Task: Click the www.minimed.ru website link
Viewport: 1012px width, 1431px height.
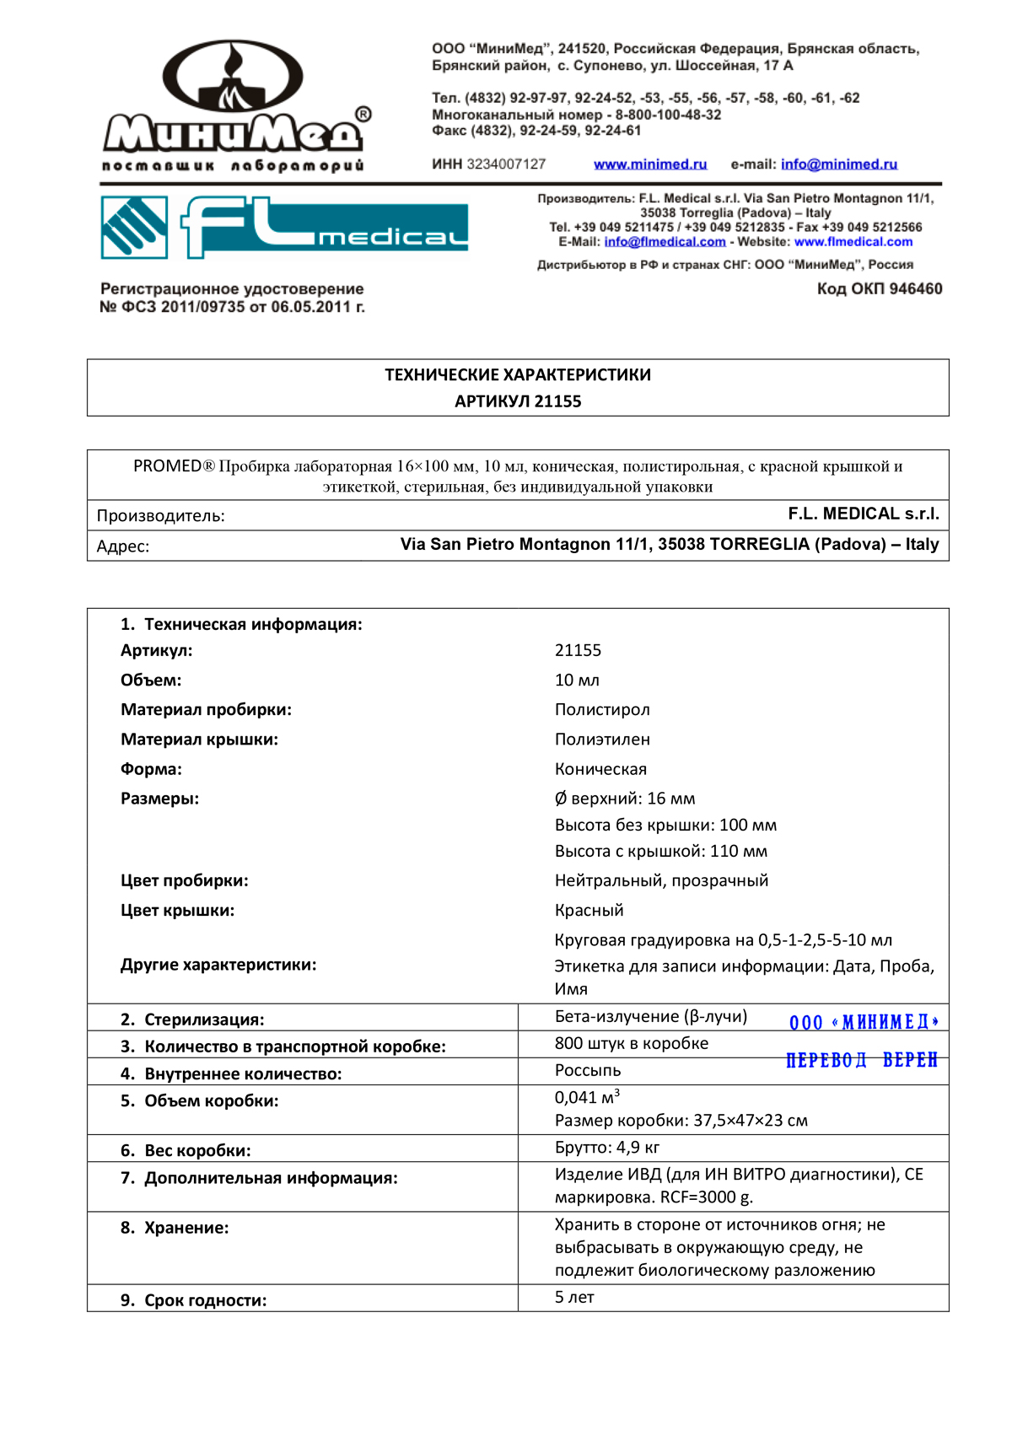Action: (649, 164)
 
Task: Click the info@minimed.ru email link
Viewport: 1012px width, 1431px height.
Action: (838, 164)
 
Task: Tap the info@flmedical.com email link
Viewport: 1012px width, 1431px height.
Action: (665, 242)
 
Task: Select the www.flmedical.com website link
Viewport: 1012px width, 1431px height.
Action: (853, 242)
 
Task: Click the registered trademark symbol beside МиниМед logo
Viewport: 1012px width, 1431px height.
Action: (363, 115)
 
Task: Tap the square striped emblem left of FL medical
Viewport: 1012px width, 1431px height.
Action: (134, 227)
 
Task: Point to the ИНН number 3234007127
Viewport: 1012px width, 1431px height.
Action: (506, 164)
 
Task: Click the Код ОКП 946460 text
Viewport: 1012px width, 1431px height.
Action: (879, 289)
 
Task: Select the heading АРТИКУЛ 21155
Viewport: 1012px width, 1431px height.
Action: (518, 401)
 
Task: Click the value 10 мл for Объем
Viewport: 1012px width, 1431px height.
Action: (577, 681)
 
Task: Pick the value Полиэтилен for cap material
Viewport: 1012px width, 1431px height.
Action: (602, 740)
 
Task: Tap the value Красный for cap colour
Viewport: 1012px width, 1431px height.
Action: (589, 911)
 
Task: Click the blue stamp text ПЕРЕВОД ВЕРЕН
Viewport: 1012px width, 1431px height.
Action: (861, 1061)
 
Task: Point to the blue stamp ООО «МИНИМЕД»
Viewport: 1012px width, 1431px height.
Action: (864, 1023)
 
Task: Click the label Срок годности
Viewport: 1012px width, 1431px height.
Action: (204, 1300)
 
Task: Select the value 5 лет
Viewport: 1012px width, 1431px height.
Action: (574, 1298)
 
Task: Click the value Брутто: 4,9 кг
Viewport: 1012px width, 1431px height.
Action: (607, 1148)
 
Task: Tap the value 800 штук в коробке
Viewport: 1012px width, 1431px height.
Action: (631, 1044)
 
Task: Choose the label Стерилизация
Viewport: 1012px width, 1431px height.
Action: (203, 1019)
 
